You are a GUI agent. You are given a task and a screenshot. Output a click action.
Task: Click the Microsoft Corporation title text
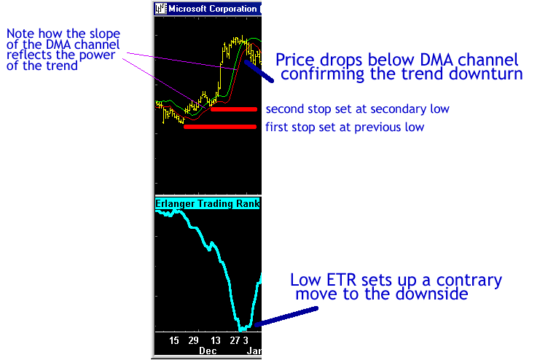pyautogui.click(x=213, y=9)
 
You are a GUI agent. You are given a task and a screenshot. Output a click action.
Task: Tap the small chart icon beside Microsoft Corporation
pyautogui.click(x=161, y=9)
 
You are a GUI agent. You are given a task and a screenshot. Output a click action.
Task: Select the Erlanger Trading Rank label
pyautogui.click(x=207, y=203)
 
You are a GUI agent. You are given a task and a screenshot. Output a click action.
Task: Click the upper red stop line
pyautogui.click(x=234, y=109)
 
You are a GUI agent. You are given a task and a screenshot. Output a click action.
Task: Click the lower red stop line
pyautogui.click(x=220, y=127)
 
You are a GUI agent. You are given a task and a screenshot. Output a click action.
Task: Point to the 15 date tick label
pyautogui.click(x=173, y=340)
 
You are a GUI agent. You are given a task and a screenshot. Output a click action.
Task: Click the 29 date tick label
pyautogui.click(x=193, y=340)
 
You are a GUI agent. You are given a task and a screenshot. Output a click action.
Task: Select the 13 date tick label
pyautogui.click(x=215, y=340)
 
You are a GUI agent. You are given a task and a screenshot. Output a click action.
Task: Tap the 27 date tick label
pyautogui.click(x=235, y=340)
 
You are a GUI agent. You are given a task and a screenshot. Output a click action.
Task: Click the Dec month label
pyautogui.click(x=208, y=351)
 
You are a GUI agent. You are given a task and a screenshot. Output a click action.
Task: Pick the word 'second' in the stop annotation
pyautogui.click(x=282, y=109)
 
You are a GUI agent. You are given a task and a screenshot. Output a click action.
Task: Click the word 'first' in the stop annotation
pyautogui.click(x=277, y=127)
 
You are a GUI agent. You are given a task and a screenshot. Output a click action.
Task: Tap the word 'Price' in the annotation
pyautogui.click(x=295, y=60)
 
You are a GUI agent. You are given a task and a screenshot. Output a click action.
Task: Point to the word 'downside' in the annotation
pyautogui.click(x=432, y=294)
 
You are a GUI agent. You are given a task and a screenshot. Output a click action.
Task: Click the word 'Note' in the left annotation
pyautogui.click(x=20, y=34)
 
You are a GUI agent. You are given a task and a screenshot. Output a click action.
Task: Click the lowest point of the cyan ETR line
pyautogui.click(x=241, y=329)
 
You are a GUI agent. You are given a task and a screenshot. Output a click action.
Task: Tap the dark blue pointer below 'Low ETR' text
pyautogui.click(x=286, y=317)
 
